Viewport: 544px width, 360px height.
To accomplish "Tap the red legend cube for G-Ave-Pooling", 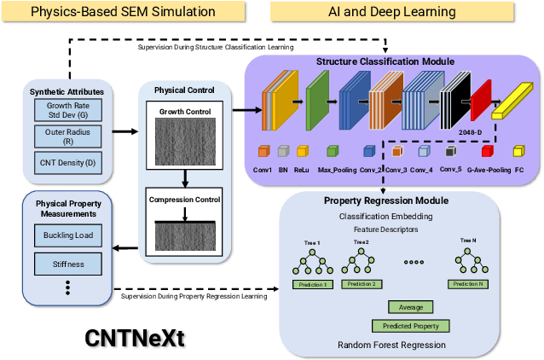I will [x=488, y=151].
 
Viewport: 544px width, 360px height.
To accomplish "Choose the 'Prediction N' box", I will [x=468, y=283].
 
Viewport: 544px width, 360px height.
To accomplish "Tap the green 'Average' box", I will [x=411, y=307].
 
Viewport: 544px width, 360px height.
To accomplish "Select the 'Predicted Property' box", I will [x=411, y=326].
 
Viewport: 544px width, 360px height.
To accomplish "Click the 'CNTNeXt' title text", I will [x=135, y=337].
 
